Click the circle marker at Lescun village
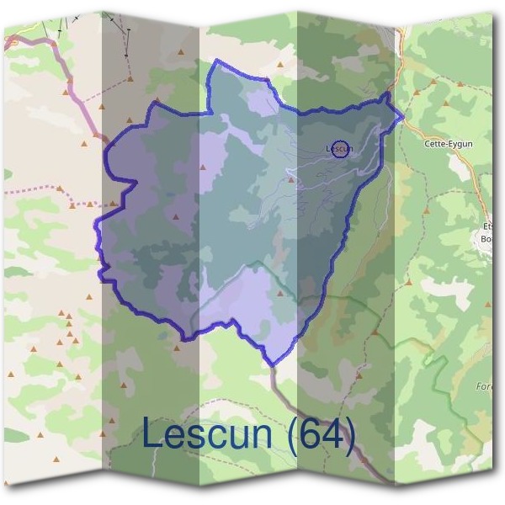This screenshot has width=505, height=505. point(340,149)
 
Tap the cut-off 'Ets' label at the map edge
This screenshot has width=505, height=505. point(488,226)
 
